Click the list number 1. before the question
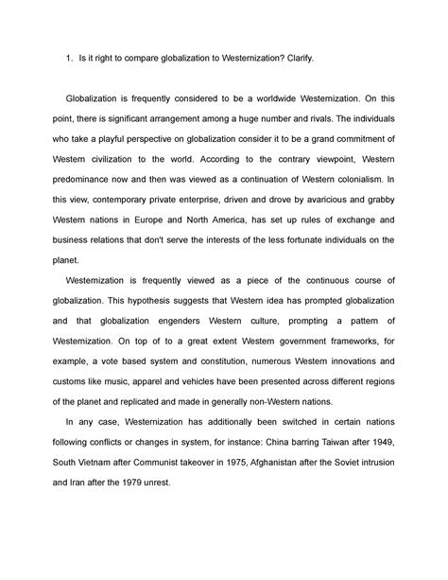(x=69, y=60)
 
